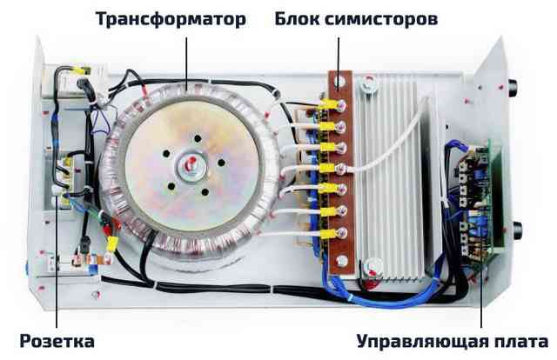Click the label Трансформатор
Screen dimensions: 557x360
tap(171, 19)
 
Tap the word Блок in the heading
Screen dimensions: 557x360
tap(297, 18)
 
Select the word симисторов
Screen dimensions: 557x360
tap(381, 19)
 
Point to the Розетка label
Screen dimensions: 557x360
tap(57, 341)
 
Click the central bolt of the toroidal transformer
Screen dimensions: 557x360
tap(191, 165)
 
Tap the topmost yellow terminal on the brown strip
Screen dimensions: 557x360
tap(328, 104)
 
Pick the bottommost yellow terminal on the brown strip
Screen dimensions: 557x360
tap(328, 234)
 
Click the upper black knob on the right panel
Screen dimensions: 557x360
tap(513, 87)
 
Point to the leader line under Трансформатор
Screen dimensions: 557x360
tap(186, 62)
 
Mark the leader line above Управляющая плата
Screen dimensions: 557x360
tap(481, 298)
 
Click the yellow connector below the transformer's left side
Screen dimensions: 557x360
tap(112, 243)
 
